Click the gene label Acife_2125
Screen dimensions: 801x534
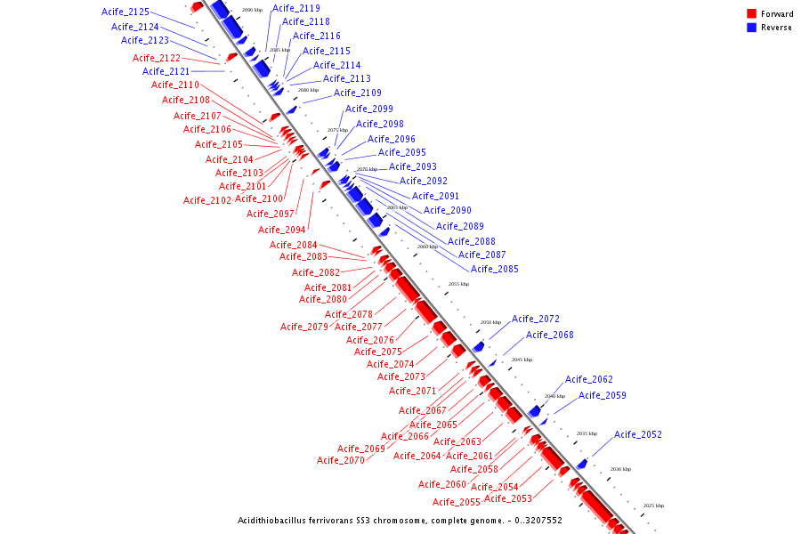pos(125,12)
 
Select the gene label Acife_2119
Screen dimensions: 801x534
pos(296,8)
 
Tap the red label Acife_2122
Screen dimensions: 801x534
pos(157,58)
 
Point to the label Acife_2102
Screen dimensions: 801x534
pos(207,200)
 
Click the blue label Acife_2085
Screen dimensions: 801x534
pos(494,269)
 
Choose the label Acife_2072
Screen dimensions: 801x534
pos(535,319)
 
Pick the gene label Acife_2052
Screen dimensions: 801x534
pos(638,434)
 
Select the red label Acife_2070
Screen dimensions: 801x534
pos(341,460)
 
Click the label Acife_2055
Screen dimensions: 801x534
pos(457,502)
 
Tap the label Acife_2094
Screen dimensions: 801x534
pos(282,230)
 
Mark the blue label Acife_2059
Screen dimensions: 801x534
pos(603,395)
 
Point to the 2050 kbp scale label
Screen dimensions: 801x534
pos(490,322)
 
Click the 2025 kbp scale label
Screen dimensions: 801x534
pos(654,505)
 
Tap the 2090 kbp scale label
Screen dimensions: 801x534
pos(252,10)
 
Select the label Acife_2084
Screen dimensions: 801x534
pos(294,245)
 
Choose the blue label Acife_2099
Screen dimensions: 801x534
pos(369,109)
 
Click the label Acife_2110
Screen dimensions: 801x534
pos(175,85)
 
